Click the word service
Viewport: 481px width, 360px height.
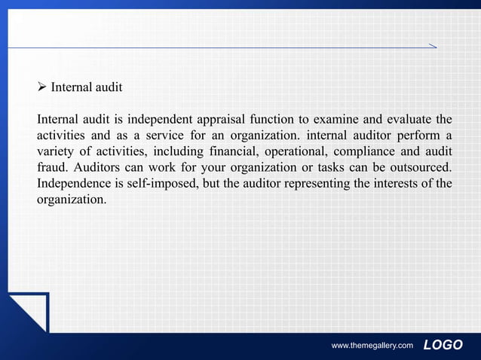pyautogui.click(x=171, y=136)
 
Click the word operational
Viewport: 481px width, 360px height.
pyautogui.click(x=292, y=151)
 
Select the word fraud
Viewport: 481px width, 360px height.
pyautogui.click(x=51, y=167)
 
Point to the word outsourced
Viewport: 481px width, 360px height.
pyautogui.click(x=420, y=167)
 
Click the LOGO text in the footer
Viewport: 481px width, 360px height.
pyautogui.click(x=443, y=345)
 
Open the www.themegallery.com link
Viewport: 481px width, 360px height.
pyautogui.click(x=372, y=346)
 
